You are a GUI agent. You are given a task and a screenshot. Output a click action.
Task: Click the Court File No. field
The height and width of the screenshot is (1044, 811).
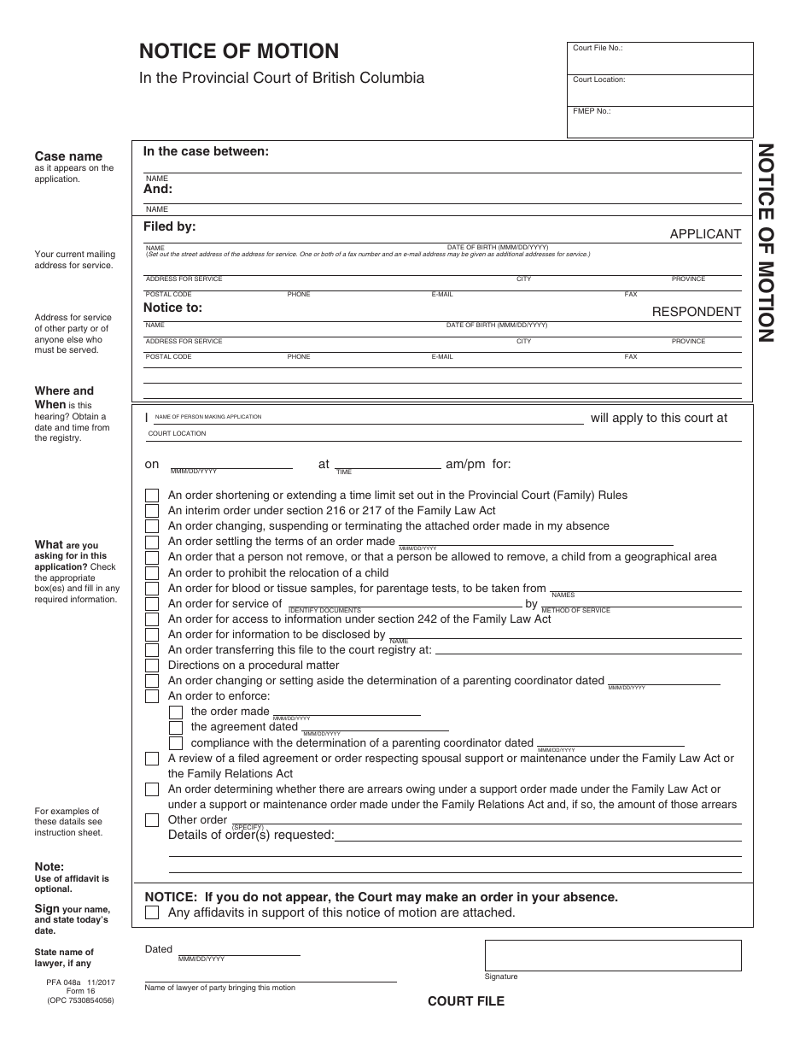pyautogui.click(x=660, y=59)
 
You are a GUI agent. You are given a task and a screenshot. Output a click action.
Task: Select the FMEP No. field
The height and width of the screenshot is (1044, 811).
pyautogui.click(x=660, y=121)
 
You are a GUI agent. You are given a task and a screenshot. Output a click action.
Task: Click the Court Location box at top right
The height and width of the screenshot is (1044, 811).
pyautogui.click(x=660, y=91)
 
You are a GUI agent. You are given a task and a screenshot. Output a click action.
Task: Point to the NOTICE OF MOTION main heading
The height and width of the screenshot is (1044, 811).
pyautogui.click(x=239, y=51)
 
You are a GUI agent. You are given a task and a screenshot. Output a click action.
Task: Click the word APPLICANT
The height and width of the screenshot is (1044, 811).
pyautogui.click(x=705, y=234)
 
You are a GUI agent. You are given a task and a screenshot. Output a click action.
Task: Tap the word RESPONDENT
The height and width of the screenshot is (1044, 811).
pyautogui.click(x=697, y=312)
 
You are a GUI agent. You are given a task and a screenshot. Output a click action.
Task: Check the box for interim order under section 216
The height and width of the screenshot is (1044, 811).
pyautogui.click(x=152, y=511)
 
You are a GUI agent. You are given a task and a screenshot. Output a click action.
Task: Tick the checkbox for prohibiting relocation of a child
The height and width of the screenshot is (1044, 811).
pyautogui.click(x=152, y=572)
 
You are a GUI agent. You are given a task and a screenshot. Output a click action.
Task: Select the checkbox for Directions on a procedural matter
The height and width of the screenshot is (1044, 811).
pyautogui.click(x=152, y=666)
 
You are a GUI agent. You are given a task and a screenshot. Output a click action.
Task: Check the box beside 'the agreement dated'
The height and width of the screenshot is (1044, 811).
pyautogui.click(x=176, y=728)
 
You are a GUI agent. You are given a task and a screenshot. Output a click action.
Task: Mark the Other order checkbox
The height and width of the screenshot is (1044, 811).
pyautogui.click(x=152, y=820)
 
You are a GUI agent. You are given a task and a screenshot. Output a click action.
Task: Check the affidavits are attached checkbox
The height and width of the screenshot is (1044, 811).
pyautogui.click(x=152, y=912)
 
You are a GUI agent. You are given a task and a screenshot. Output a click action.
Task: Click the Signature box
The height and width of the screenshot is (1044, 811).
pyautogui.click(x=613, y=955)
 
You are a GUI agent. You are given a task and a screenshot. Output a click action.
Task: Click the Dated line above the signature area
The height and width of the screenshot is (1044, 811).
pyautogui.click(x=238, y=949)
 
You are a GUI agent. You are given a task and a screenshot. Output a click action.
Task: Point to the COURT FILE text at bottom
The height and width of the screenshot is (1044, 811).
pyautogui.click(x=466, y=1001)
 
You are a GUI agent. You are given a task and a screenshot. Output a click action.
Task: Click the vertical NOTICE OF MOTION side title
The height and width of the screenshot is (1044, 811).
pyautogui.click(x=765, y=243)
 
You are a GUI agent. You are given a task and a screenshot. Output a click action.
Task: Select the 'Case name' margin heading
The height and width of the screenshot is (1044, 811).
pyautogui.click(x=68, y=156)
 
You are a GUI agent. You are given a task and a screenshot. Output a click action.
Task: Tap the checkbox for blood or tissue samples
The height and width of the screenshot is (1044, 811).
pyautogui.click(x=152, y=589)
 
